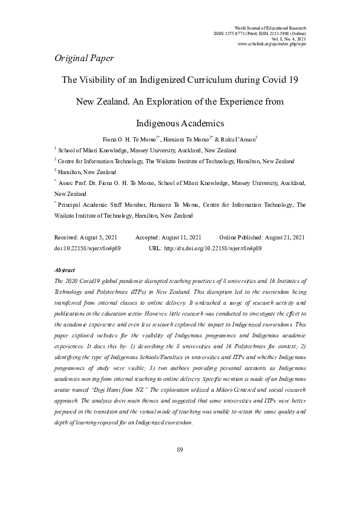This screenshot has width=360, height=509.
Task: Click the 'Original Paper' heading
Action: (83, 58)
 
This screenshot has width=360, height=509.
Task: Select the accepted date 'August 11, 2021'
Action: (178, 239)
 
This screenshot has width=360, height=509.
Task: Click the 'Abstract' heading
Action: (64, 270)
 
